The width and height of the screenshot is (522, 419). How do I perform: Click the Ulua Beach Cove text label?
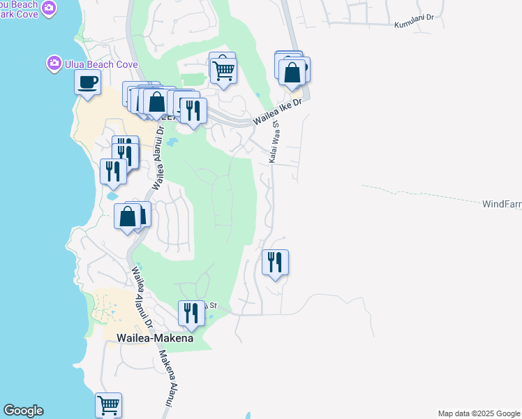tap(101, 64)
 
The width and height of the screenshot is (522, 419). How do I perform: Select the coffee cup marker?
tap(88, 82)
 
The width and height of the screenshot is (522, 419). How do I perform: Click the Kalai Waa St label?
tap(274, 142)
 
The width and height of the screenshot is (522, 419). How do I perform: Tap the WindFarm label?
tap(502, 205)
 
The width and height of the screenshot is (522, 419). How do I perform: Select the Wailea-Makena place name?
tap(155, 337)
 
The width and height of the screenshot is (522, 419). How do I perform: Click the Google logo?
tap(23, 411)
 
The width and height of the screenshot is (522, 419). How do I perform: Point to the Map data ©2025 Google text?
tap(479, 413)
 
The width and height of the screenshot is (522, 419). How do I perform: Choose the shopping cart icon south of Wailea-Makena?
tap(108, 404)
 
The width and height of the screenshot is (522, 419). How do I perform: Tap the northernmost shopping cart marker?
tap(223, 70)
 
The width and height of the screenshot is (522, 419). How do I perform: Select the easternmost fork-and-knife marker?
tap(275, 262)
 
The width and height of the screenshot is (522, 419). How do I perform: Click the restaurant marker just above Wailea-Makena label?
tap(190, 312)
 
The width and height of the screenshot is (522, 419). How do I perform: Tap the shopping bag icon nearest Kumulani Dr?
tap(292, 71)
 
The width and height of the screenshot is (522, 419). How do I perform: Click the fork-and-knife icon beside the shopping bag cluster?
tap(191, 110)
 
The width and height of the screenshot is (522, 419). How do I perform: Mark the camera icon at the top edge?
tap(48, 8)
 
